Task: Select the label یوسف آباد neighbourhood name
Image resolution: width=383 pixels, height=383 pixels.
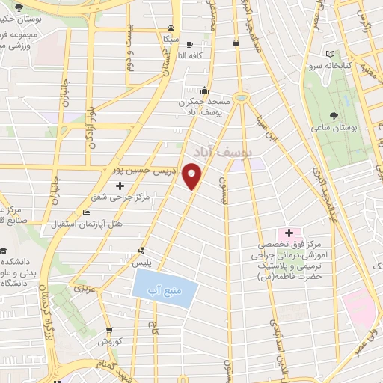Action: (x=223, y=152)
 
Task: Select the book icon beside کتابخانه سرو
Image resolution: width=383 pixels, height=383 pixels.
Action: (x=331, y=54)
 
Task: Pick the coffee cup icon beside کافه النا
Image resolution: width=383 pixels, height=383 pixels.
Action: (x=189, y=44)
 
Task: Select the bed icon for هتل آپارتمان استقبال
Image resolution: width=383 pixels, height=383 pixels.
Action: (x=87, y=213)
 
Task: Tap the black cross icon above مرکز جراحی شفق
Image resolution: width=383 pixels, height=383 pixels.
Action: (x=120, y=185)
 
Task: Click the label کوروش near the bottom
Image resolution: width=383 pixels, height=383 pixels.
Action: (x=109, y=342)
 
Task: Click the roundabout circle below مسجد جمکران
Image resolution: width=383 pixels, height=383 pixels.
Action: (x=241, y=97)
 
